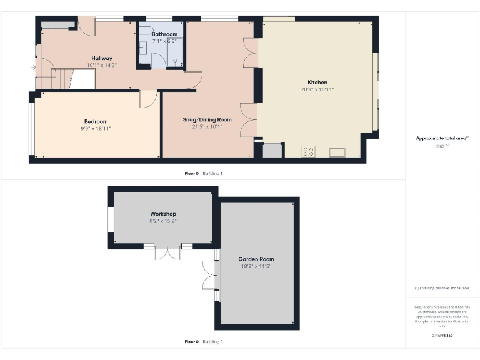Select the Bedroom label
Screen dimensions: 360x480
(96, 121)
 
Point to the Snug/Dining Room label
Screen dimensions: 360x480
(207, 119)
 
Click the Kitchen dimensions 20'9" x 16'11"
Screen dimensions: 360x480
(317, 89)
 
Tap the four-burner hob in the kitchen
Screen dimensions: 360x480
(308, 151)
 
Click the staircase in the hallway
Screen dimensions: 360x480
(59, 79)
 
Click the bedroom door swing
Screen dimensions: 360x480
(147, 99)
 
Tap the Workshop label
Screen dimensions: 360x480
(162, 214)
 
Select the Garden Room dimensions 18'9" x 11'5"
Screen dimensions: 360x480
(256, 266)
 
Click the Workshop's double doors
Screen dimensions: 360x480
(166, 253)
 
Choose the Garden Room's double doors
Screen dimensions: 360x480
(209, 275)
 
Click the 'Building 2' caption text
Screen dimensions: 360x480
(212, 342)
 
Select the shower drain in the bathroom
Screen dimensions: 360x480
(176, 61)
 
